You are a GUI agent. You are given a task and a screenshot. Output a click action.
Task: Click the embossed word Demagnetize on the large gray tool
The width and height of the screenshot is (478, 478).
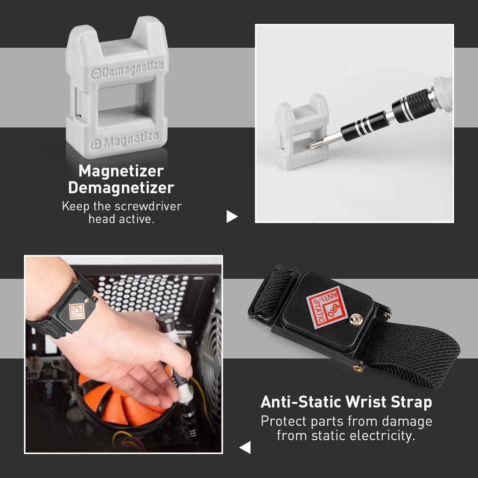pos(132,70)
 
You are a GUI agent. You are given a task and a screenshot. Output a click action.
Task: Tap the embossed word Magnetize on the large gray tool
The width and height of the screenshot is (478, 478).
pos(131,140)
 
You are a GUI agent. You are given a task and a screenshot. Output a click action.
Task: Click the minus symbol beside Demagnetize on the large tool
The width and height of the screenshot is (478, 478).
pos(95,73)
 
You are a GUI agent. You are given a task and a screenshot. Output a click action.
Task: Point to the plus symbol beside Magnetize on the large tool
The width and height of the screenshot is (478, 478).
pos(96,144)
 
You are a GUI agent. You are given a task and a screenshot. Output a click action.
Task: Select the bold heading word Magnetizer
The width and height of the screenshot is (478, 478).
pos(121,171)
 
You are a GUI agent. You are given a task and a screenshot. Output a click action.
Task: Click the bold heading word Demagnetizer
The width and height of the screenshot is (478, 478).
pos(121,187)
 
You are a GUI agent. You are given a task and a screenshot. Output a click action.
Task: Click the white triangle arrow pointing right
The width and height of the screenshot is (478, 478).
pos(232,217)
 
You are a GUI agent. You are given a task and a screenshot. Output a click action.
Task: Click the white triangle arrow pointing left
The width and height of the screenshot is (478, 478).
pos(245,447)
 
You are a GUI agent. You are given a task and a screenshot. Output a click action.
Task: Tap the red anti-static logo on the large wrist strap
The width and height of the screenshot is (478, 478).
pos(327,308)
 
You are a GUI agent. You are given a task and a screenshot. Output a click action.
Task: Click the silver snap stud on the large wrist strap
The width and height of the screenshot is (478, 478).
pos(356,319)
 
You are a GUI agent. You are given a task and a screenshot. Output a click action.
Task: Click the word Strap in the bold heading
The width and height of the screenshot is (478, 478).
pos(412,402)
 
